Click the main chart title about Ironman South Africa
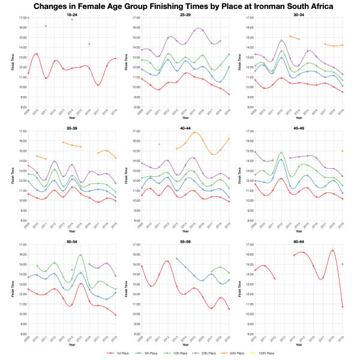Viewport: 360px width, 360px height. tap(180, 7)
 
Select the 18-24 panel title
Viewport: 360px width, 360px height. tap(71, 14)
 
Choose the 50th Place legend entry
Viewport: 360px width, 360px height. tap(232, 353)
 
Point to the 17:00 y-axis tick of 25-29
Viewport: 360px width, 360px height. tap(136, 18)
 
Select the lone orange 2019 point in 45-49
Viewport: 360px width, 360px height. tap(342, 151)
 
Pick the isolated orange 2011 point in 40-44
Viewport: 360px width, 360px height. tap(159, 144)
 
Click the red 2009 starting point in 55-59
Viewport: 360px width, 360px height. tap(142, 266)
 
